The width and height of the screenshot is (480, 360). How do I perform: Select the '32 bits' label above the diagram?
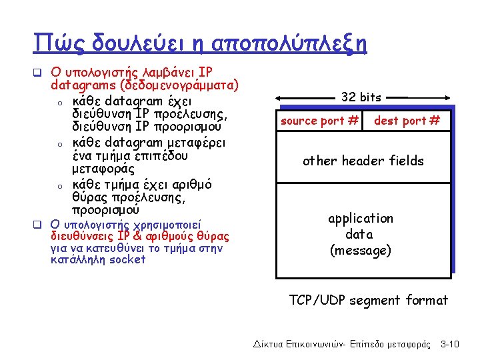tap(361, 97)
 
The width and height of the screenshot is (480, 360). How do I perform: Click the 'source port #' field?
tap(320, 121)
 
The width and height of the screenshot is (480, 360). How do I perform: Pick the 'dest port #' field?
tap(407, 121)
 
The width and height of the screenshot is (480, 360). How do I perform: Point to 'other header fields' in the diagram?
tap(363, 161)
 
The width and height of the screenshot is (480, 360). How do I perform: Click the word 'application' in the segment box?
tap(361, 218)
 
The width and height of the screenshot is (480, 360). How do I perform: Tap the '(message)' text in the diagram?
tap(361, 251)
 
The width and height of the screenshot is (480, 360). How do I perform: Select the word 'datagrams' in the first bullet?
tap(77, 85)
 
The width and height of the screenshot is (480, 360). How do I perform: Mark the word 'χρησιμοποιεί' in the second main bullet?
tap(155, 224)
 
